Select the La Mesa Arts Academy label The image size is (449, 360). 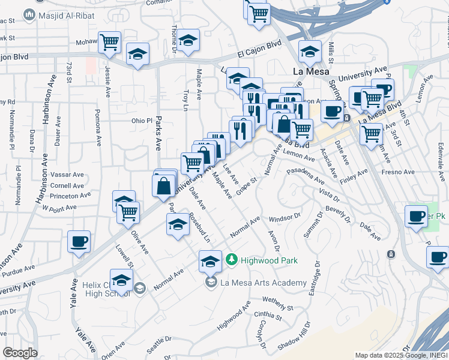point(263,283)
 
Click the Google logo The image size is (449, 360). point(20,353)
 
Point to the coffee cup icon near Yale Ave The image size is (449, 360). point(79,242)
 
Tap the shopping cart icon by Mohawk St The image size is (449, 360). point(110,43)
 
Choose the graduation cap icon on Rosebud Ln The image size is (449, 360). point(177,225)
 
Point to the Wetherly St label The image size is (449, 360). point(277,305)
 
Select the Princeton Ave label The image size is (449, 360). point(56,196)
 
